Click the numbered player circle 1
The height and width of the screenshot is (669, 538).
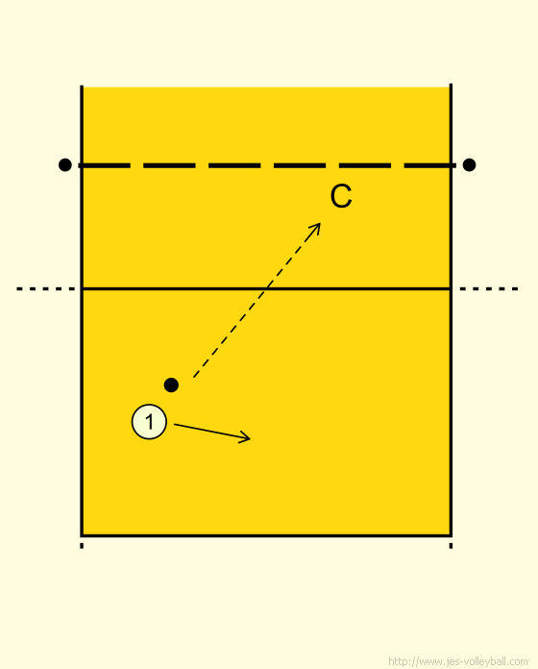(149, 422)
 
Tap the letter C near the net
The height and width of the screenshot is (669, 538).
(341, 197)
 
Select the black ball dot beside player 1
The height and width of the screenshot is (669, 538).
(171, 384)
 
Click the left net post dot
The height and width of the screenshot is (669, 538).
(64, 164)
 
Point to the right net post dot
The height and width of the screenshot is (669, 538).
(469, 164)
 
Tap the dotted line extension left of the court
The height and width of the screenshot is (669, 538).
(46, 289)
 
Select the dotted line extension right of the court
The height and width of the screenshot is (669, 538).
(489, 289)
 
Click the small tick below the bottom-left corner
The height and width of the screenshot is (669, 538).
(82, 545)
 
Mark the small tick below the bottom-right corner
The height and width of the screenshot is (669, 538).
(451, 545)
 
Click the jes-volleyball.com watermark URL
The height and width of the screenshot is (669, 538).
(458, 661)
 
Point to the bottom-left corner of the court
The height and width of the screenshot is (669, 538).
(82, 535)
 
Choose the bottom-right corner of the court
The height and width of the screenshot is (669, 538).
(451, 535)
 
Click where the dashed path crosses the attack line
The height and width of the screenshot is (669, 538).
(264, 289)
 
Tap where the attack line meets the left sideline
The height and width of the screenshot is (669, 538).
(82, 289)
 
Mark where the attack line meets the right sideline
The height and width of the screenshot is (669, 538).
(451, 289)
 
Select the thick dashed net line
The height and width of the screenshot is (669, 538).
(267, 165)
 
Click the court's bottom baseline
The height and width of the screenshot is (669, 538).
(266, 535)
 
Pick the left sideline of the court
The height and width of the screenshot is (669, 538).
(82, 310)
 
